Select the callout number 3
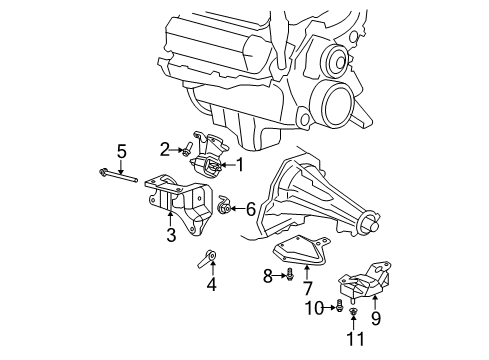click(171, 235)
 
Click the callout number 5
click(121, 151)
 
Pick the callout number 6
click(251, 209)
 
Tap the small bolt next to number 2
click(187, 151)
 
